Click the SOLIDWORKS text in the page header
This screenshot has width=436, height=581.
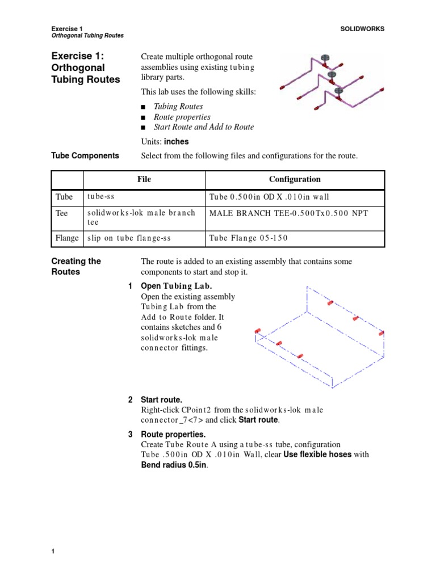click(x=362, y=29)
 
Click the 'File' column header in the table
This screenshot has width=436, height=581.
click(x=144, y=179)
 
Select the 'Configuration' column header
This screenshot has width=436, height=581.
click(x=295, y=179)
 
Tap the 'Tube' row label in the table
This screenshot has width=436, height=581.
click(x=64, y=197)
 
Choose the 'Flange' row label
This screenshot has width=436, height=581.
click(x=67, y=238)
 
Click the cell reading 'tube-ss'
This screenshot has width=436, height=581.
click(x=101, y=197)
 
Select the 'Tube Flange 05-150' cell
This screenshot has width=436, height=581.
click(x=248, y=238)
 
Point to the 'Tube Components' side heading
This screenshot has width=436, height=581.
click(x=85, y=155)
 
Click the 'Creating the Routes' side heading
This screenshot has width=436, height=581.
click(x=76, y=267)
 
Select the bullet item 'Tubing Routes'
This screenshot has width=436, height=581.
click(x=178, y=106)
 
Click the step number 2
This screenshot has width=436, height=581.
click(x=130, y=400)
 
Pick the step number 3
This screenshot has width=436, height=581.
click(x=130, y=434)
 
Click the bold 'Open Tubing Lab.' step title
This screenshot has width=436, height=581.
click(x=179, y=286)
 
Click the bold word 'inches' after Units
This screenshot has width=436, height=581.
click(x=176, y=142)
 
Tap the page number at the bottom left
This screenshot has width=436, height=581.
click(x=53, y=552)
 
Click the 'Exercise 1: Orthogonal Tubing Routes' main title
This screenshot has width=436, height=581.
click(x=85, y=68)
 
